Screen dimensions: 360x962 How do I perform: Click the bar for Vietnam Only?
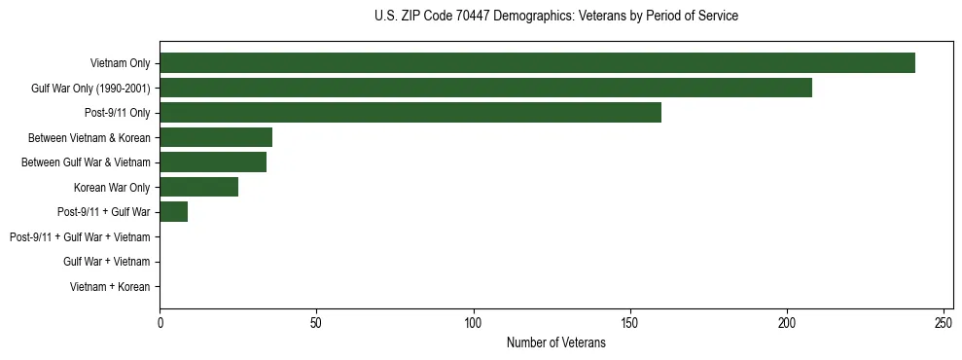tap(537, 63)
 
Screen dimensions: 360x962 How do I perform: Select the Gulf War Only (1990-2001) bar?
tap(485, 89)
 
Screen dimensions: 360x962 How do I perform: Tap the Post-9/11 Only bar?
tap(410, 113)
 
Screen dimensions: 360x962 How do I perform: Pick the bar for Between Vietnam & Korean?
tap(216, 137)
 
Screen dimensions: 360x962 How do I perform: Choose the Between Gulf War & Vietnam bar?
tap(213, 162)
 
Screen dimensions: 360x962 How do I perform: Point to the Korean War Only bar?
tap(198, 187)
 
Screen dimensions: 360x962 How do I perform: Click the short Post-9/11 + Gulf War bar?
tap(173, 211)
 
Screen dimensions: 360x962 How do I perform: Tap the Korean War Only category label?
tap(111, 188)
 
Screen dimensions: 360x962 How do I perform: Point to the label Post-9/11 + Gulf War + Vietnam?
tap(80, 237)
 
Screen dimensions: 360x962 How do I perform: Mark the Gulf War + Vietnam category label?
tap(106, 262)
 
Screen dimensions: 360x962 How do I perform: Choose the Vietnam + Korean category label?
tap(110, 287)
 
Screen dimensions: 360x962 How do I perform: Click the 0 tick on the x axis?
tap(160, 322)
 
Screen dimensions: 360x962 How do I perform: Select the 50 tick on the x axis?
tap(316, 322)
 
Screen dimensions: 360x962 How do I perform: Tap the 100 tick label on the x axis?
tap(474, 322)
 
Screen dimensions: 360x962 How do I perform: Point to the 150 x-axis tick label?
tap(630, 322)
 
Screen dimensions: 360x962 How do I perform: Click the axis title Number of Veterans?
tap(555, 343)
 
